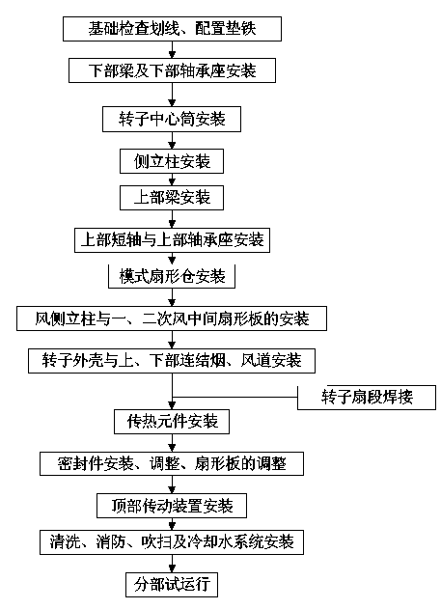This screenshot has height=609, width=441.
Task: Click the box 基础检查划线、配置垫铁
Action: [172, 29]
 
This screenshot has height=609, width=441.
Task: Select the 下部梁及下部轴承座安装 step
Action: [172, 70]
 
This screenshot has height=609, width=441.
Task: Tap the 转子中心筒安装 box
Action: [172, 120]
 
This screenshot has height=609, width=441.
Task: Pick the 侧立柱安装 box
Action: [172, 161]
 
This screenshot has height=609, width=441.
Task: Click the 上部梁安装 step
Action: [172, 198]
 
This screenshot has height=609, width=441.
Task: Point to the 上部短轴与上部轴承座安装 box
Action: [172, 240]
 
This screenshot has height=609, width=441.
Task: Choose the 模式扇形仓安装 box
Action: [172, 277]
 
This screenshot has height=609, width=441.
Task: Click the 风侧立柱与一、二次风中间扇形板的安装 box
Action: [172, 318]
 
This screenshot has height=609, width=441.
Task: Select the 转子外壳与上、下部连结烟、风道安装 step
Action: [172, 361]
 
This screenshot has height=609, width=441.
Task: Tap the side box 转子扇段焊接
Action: [367, 398]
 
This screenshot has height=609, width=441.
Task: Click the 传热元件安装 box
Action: [172, 422]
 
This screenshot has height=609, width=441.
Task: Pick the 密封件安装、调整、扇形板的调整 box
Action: [172, 463]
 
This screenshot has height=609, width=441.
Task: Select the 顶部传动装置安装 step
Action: [172, 506]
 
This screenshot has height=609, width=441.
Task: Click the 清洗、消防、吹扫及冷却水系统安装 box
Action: [172, 542]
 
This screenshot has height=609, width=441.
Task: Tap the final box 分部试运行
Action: [172, 585]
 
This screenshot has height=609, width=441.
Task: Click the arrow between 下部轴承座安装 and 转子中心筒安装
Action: [172, 95]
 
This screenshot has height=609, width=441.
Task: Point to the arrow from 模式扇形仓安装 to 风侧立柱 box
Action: [172, 297]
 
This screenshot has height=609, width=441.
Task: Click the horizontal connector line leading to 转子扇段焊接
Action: [234, 398]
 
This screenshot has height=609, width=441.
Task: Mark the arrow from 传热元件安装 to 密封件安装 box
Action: [172, 443]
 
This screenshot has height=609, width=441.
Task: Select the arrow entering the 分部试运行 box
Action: [172, 564]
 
